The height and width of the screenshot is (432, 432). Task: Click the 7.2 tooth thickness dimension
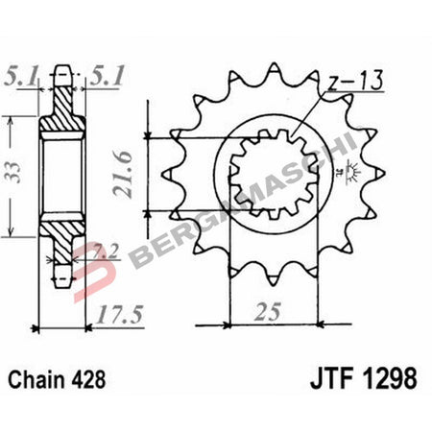point(108,252)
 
